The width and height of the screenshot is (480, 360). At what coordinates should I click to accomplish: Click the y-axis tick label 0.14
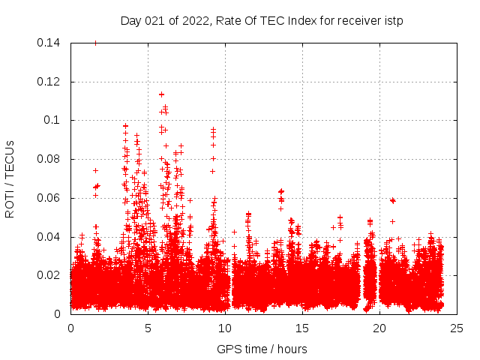point(50,43)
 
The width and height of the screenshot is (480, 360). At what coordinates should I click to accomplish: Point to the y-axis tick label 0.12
point(50,82)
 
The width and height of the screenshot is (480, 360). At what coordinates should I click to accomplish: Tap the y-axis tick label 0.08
point(50,160)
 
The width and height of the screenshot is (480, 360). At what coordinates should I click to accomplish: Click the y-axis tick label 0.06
point(50,199)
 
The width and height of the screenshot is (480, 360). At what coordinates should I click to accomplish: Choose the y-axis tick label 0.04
point(50,237)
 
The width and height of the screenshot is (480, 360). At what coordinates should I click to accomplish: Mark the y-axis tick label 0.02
point(50,276)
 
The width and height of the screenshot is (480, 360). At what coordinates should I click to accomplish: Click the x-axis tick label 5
point(148,328)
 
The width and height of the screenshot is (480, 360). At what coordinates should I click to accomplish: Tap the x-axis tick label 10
point(225,328)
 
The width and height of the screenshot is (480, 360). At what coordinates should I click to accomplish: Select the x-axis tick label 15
point(302,328)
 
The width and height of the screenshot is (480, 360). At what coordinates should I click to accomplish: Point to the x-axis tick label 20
point(379,328)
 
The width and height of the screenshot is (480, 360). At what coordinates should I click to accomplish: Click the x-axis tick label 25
point(457,328)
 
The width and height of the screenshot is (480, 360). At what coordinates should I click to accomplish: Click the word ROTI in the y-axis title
point(10,201)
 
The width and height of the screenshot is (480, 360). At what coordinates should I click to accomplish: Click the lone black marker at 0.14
point(95,43)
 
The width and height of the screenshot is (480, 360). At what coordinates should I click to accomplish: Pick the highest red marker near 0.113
point(161,94)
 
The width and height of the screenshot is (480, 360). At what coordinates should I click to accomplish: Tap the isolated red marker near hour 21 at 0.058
point(393,200)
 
